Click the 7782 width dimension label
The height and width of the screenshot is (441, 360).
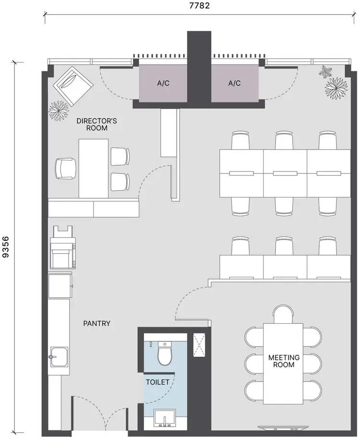pos(199,6)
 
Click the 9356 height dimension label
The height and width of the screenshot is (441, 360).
pos(6,247)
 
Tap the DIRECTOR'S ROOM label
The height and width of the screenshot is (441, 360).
pos(96,124)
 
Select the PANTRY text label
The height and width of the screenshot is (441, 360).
pos(96,323)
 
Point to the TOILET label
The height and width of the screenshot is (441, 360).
pos(157,382)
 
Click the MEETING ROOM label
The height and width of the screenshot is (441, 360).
pos(284,361)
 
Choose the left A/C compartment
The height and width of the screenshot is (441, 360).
pos(163,83)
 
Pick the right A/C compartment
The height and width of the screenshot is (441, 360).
pos(234,83)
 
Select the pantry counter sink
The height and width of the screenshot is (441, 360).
pos(59,357)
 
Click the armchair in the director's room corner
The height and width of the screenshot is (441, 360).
pos(73,86)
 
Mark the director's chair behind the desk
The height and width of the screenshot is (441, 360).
pos(65,169)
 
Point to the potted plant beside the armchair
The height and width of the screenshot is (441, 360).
pos(59,111)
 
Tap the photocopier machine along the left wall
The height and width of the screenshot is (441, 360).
pos(62,247)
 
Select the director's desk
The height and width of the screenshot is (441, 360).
pos(93,168)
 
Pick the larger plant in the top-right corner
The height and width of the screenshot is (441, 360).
pos(336,87)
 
